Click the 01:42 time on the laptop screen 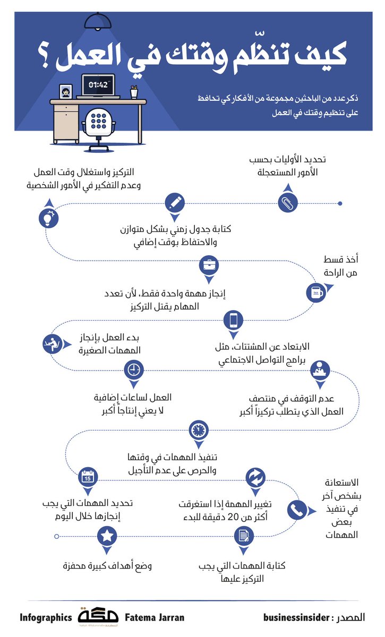[98, 84]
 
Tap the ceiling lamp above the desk [99, 22]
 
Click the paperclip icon [287, 202]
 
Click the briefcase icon [208, 264]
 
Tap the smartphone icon [233, 320]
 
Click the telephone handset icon [296, 510]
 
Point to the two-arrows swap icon [254, 477]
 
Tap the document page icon [244, 536]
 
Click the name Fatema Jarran [155, 617]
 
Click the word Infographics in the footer [46, 617]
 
